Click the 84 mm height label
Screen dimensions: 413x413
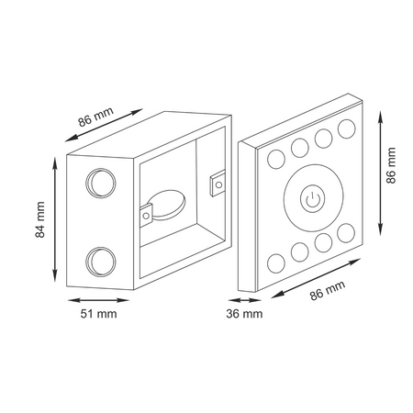(40, 219)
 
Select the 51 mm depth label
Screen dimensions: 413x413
(98, 314)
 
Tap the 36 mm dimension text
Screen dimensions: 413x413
(244, 314)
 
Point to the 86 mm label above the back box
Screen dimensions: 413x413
(95, 117)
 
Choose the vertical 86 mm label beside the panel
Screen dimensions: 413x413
(391, 165)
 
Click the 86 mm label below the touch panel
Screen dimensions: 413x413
(328, 290)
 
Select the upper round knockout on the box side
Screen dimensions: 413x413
(101, 183)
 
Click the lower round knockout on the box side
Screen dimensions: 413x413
(101, 262)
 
